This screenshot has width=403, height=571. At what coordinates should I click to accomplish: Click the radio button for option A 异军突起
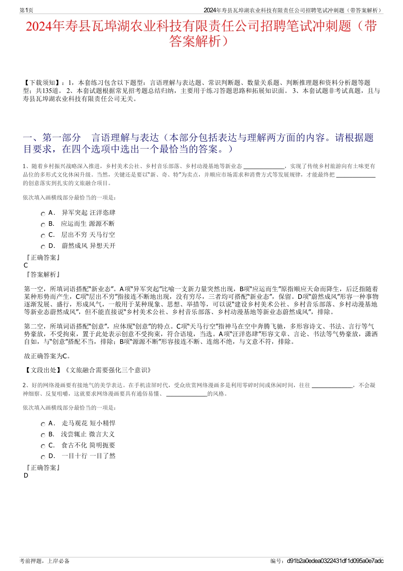43,214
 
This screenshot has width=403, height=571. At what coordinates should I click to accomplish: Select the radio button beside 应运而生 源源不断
43,225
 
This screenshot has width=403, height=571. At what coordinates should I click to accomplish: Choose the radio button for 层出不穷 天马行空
43,236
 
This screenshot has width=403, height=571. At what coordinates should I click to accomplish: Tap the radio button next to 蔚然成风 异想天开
43,247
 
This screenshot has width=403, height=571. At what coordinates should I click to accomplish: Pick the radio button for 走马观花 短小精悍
43,425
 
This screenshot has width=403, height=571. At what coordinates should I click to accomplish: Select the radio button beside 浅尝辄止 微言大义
43,436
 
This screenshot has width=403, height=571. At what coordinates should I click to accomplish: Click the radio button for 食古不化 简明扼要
43,447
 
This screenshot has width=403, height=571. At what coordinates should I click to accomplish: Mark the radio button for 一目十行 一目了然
43,457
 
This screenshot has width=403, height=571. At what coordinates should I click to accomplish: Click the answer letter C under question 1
26,265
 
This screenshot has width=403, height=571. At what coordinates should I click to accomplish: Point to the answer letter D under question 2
26,475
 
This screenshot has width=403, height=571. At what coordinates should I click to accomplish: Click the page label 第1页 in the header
26,10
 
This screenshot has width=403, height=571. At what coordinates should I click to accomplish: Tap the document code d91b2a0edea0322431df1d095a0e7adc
335,561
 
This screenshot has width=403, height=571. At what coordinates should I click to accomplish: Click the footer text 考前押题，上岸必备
45,561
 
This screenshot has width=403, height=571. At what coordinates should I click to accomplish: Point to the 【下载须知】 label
42,83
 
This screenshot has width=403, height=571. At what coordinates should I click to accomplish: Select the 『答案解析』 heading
43,275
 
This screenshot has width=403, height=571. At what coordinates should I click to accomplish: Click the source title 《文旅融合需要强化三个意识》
108,370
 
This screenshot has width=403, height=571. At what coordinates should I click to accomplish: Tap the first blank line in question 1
264,167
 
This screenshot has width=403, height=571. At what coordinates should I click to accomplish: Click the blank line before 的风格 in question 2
187,394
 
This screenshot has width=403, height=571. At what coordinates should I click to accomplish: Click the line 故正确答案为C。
48,356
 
